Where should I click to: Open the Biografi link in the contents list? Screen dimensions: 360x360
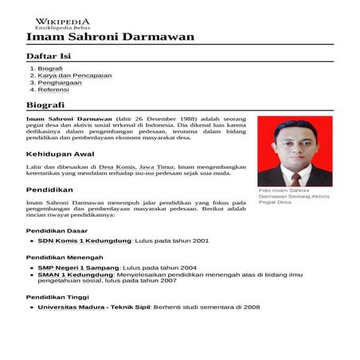click(50, 68)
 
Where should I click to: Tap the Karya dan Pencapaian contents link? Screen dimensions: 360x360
click(75, 76)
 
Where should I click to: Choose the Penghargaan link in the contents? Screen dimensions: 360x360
click(58, 83)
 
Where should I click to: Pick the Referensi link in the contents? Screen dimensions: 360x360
click(53, 90)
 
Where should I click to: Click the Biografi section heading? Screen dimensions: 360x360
click(45, 105)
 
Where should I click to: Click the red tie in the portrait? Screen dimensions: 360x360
click(295, 177)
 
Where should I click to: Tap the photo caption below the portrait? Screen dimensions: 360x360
click(293, 197)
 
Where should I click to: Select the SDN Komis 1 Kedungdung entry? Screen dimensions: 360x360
click(84, 240)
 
